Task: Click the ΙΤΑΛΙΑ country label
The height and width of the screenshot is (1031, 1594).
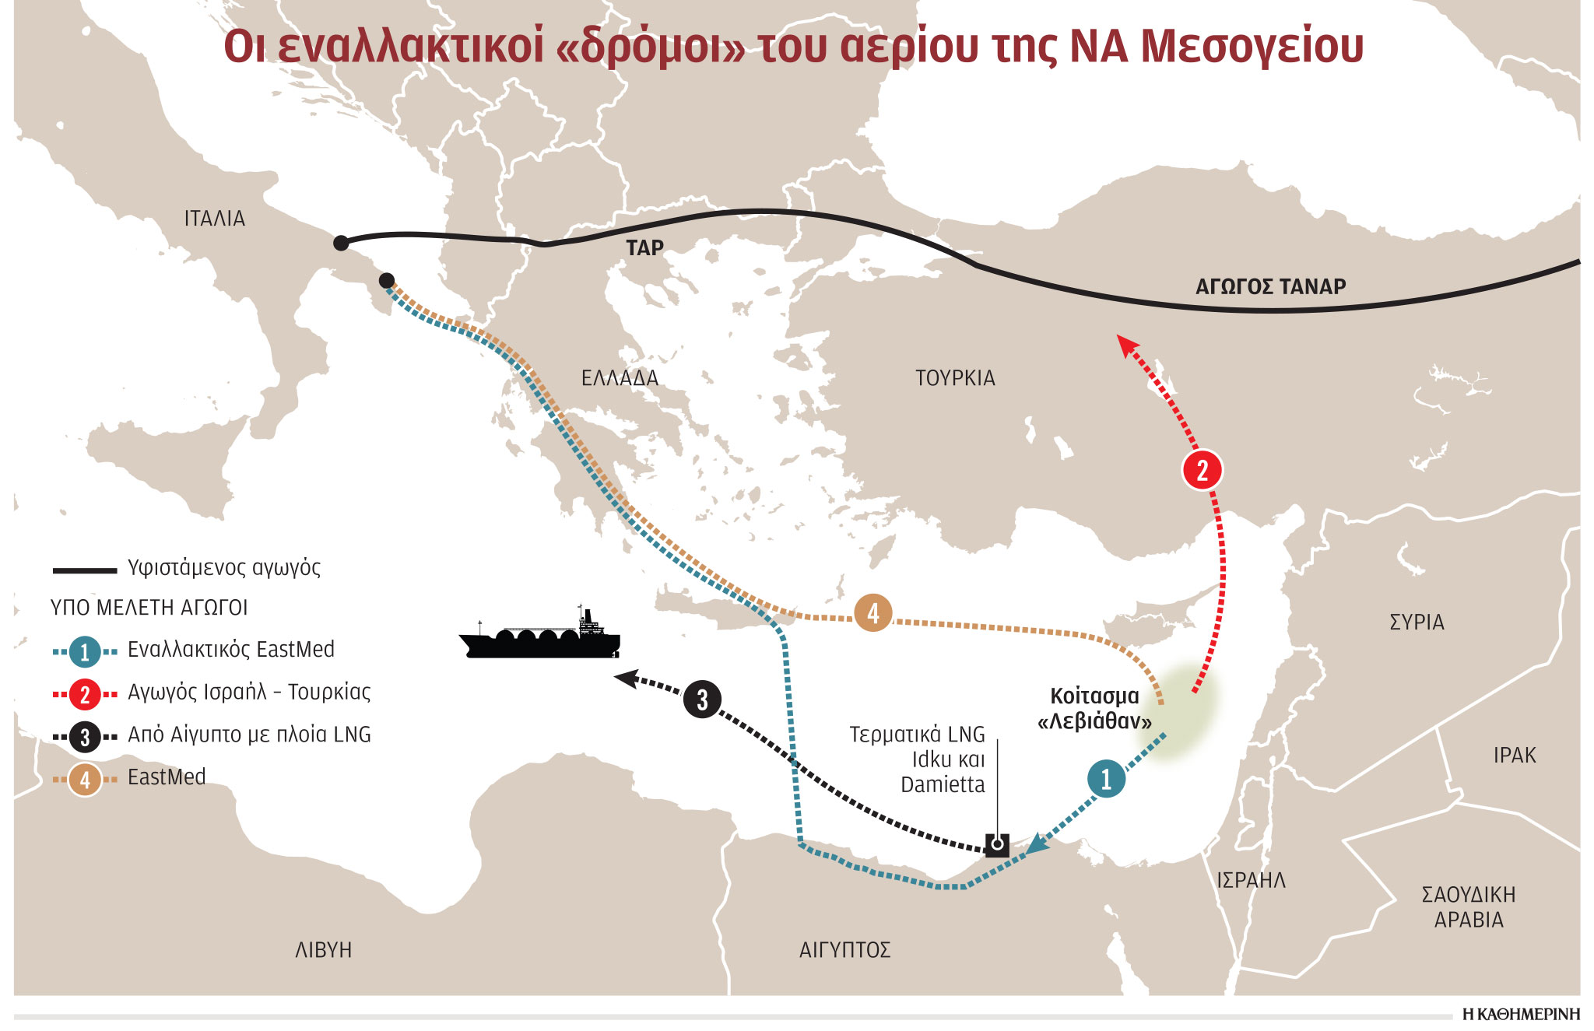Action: [214, 219]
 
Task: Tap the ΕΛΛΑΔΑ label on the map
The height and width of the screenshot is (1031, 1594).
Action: [620, 378]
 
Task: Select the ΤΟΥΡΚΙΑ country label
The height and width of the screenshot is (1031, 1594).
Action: [955, 378]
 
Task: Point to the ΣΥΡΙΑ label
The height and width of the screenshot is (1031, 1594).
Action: [1417, 622]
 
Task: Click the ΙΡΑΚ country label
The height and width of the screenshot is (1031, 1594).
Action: [1514, 756]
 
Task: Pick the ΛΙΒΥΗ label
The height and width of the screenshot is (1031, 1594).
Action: [323, 950]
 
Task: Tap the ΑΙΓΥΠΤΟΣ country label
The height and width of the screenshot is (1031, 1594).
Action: [844, 950]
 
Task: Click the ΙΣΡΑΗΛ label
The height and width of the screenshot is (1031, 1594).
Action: [1251, 880]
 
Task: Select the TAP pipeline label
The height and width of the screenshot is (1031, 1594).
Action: [644, 248]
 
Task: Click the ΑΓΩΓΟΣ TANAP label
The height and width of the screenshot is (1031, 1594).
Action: [1270, 287]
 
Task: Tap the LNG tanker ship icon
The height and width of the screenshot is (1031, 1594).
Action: [540, 637]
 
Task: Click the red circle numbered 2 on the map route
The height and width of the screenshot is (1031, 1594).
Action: [1202, 470]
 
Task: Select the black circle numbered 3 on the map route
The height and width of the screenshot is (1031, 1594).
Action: [702, 699]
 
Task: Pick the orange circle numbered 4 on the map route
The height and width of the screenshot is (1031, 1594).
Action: [872, 613]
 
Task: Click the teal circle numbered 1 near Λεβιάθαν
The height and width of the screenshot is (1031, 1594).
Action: [1106, 778]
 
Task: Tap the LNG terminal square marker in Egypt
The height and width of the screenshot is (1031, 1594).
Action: [997, 844]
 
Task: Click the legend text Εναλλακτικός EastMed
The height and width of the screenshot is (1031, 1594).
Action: [230, 650]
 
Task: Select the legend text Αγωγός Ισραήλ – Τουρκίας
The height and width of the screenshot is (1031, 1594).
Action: [249, 692]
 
